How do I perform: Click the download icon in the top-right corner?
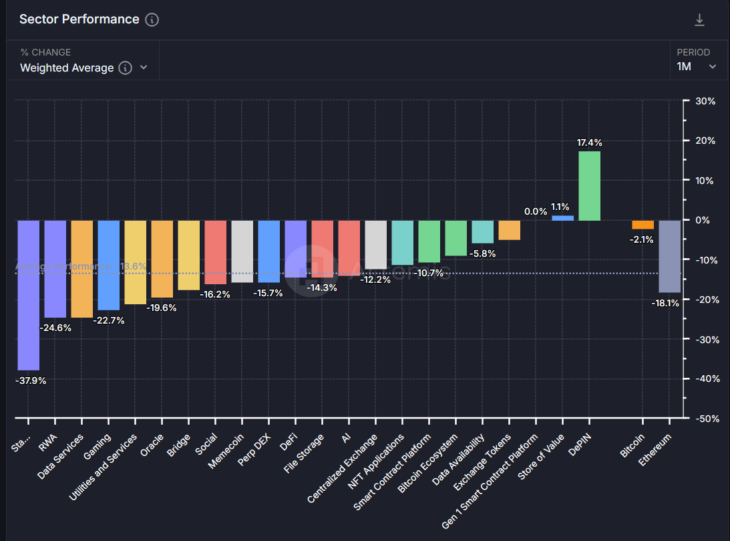(699, 20)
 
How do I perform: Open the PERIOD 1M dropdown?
(697, 66)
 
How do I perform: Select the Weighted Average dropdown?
(83, 68)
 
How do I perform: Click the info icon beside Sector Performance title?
(152, 19)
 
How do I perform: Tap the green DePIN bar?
(589, 186)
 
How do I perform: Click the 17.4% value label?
(590, 142)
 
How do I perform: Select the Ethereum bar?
(669, 257)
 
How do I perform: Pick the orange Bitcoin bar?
(643, 225)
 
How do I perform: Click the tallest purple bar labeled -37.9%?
(28, 295)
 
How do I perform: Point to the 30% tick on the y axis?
(706, 102)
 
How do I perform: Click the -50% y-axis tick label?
(705, 419)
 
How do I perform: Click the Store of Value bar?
(562, 218)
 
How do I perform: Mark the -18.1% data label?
(665, 303)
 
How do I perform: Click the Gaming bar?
(108, 265)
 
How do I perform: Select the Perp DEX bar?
(268, 251)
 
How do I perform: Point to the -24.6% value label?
(55, 328)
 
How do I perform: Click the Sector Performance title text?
(79, 19)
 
